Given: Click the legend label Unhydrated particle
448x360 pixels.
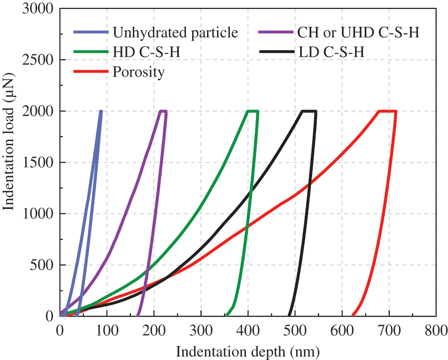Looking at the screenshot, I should click(x=175, y=33).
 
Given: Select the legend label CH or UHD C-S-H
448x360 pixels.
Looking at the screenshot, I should click(x=358, y=33).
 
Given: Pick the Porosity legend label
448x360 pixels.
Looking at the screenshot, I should click(x=138, y=72).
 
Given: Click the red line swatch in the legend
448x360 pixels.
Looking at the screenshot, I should click(x=91, y=72).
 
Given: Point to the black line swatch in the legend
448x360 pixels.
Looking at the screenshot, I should click(x=276, y=52).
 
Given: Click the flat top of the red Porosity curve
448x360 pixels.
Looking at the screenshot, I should click(x=388, y=111).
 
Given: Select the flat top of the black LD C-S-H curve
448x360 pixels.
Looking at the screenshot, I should click(x=309, y=111).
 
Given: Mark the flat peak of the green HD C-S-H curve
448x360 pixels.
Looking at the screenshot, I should click(x=253, y=111).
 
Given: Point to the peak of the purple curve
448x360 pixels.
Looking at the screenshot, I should click(x=163, y=111).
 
